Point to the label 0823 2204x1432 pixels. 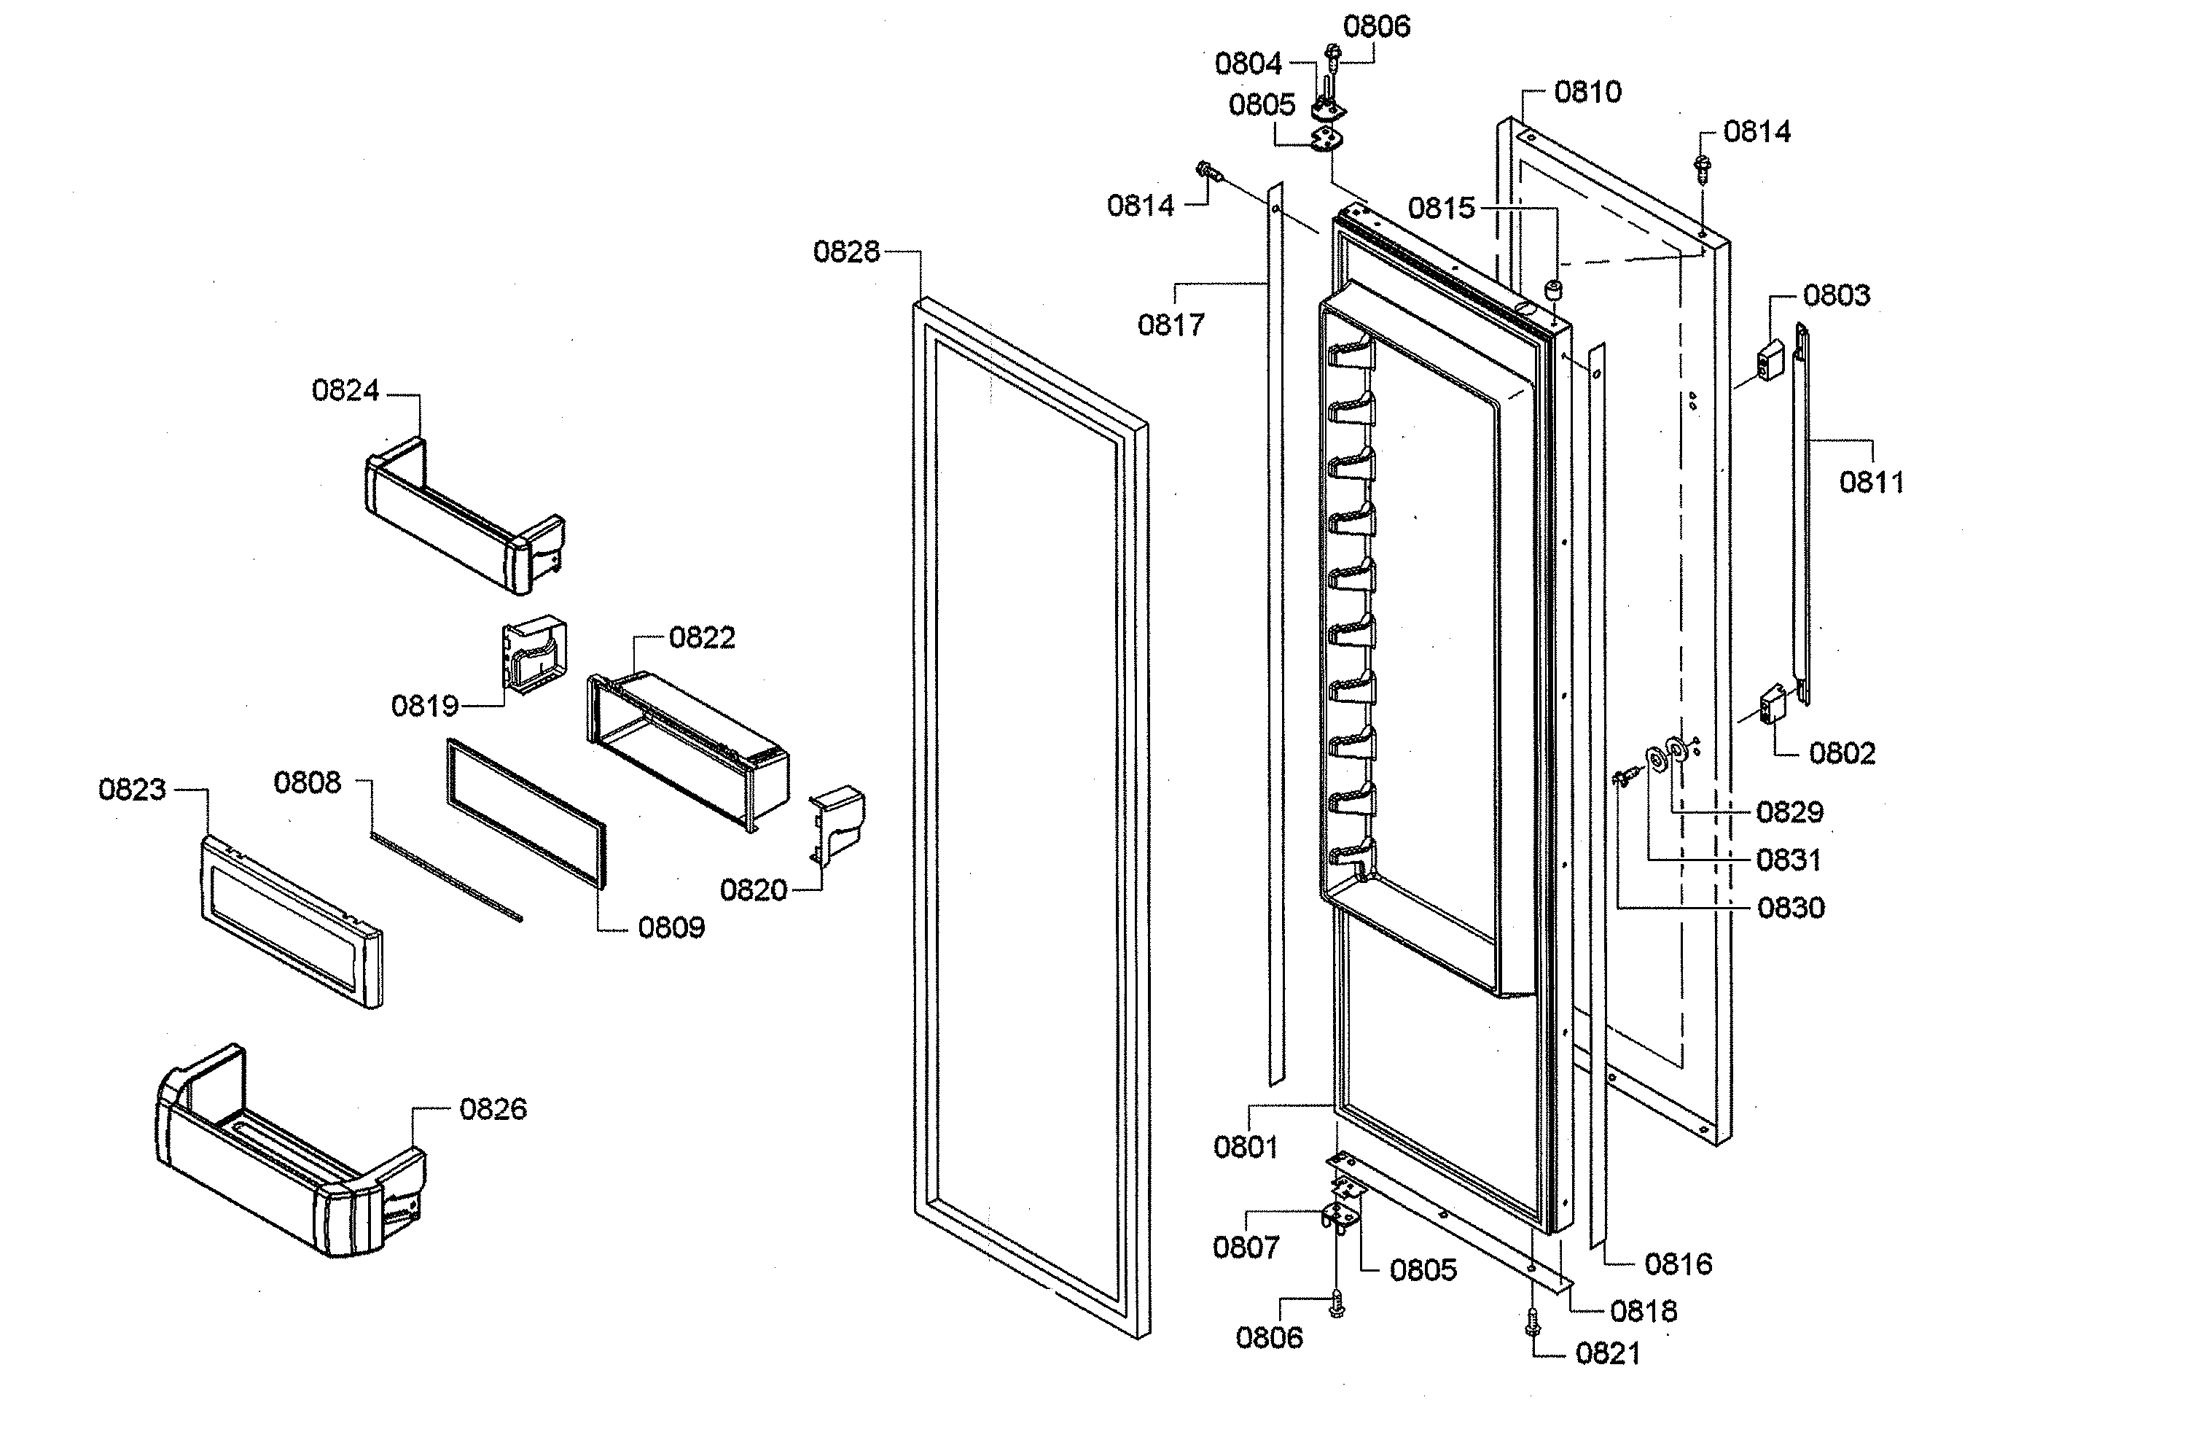131,790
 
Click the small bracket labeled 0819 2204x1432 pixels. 534,655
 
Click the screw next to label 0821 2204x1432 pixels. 1532,1322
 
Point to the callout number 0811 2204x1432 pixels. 1871,483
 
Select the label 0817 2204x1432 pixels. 1171,325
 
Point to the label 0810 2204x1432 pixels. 1587,92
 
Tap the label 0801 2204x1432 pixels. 1245,1147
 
